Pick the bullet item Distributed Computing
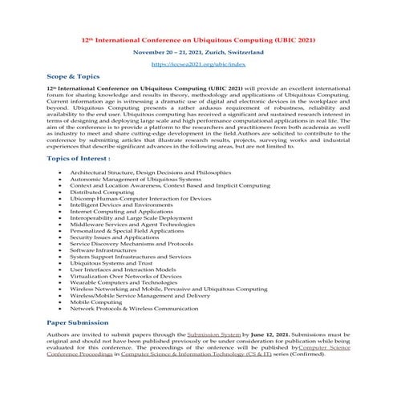click(x=102, y=192)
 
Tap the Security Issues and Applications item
click(x=114, y=237)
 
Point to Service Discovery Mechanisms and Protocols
click(x=132, y=243)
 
